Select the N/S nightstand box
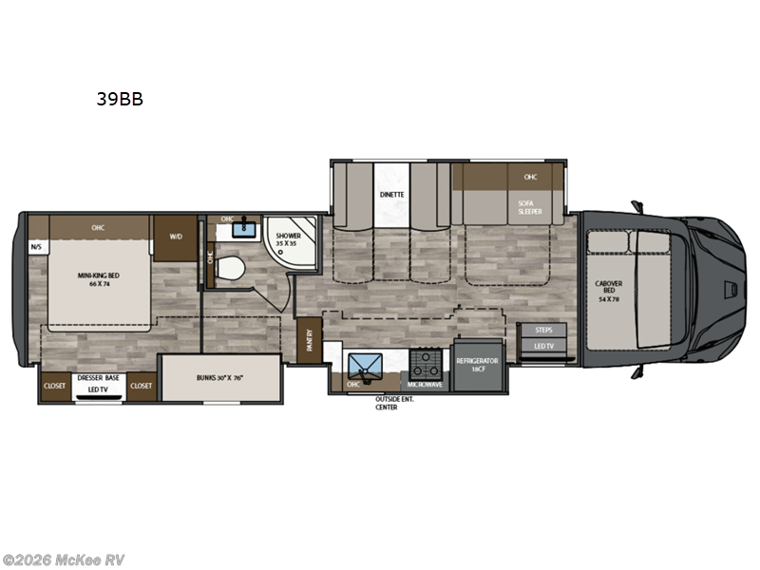pyautogui.click(x=37, y=247)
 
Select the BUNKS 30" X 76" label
pyautogui.click(x=219, y=378)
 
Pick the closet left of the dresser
pyautogui.click(x=54, y=386)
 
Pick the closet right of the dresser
pyautogui.click(x=142, y=386)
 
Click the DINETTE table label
pyautogui.click(x=392, y=194)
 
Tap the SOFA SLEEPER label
pyautogui.click(x=530, y=208)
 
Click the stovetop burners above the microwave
pyautogui.click(x=426, y=362)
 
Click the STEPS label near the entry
pyautogui.click(x=544, y=330)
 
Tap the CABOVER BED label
pyautogui.click(x=608, y=287)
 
